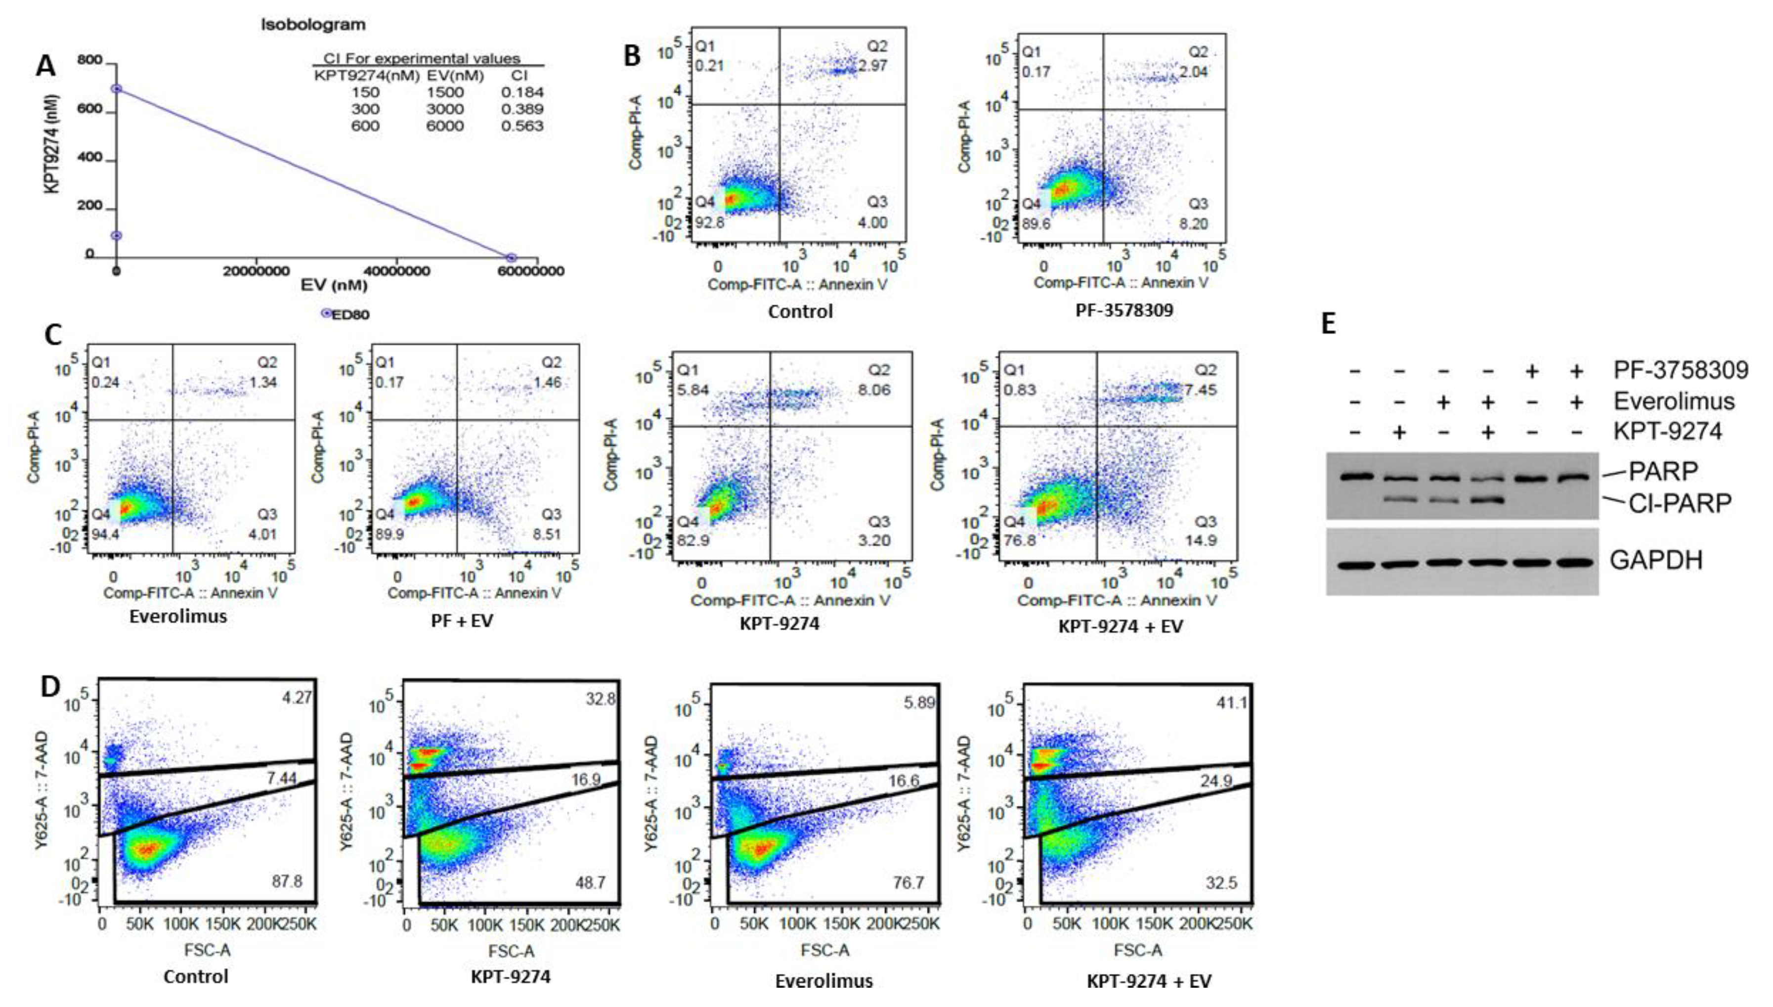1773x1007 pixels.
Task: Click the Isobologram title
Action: pos(313,25)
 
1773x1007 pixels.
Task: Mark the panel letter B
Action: pos(631,55)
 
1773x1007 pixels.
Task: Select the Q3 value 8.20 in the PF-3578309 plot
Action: pos(1194,223)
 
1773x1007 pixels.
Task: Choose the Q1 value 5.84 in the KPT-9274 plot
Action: pos(690,390)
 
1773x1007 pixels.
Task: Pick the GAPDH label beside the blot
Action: pos(1655,560)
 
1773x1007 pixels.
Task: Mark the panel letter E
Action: pos(1329,324)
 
